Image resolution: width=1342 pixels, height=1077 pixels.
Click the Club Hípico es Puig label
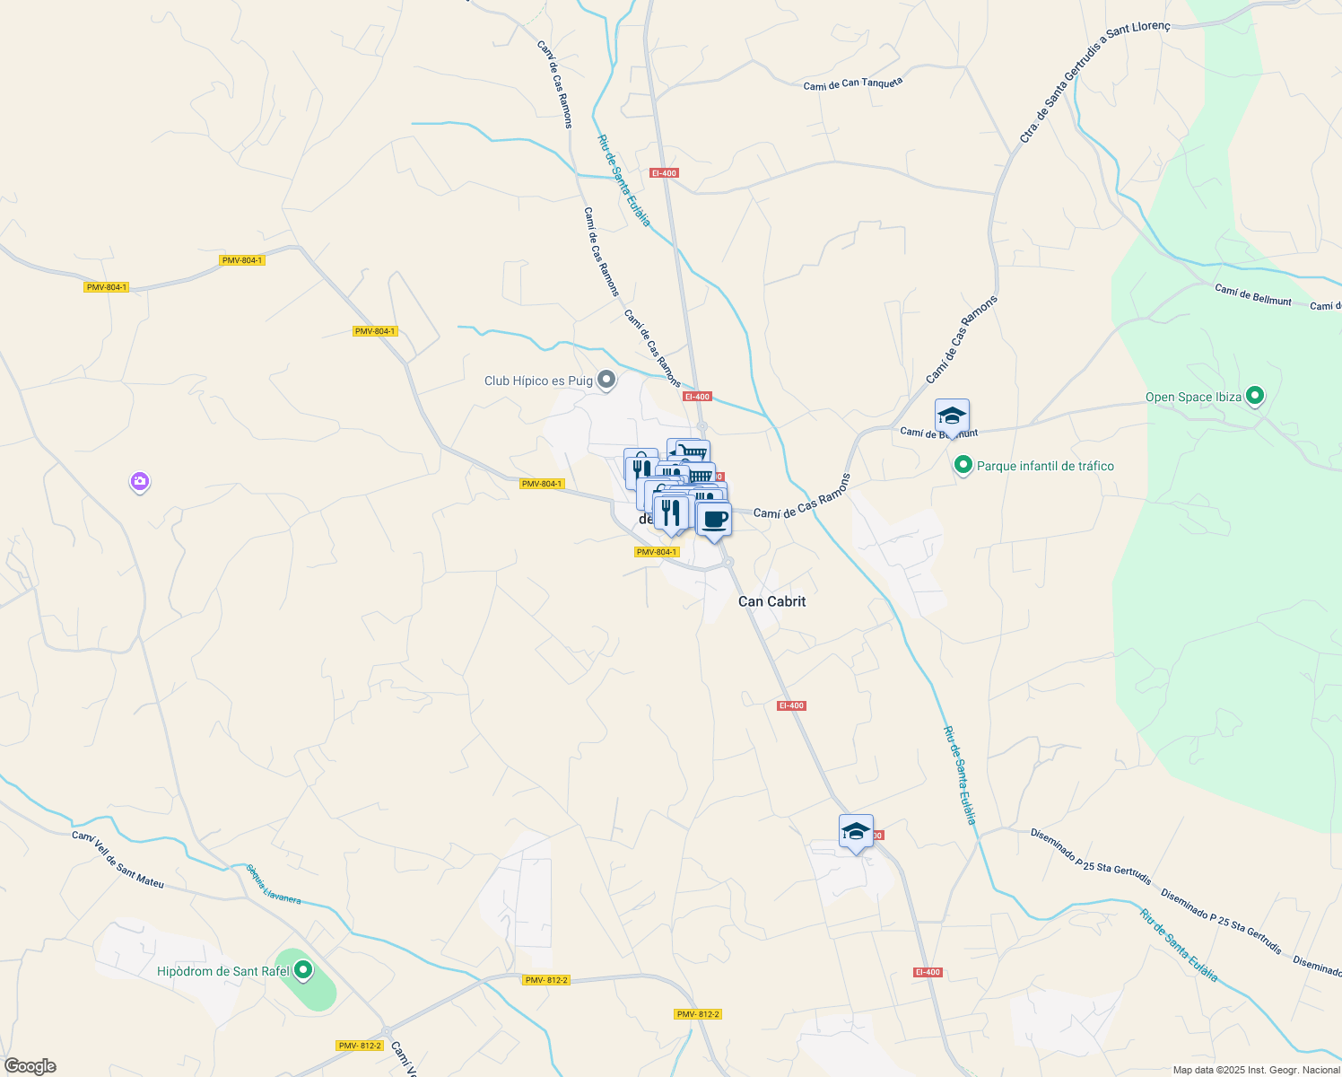[x=538, y=381]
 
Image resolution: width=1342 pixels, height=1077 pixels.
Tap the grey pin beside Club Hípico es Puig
[x=606, y=381]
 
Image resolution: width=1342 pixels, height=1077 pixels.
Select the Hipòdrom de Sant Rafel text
[x=223, y=971]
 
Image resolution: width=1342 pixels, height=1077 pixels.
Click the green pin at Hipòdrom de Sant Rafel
[x=303, y=969]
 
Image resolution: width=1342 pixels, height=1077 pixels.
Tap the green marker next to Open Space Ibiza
[x=1255, y=395]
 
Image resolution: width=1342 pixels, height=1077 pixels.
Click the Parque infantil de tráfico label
[x=1045, y=466]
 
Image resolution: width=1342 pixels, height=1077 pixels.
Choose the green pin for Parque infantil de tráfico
[x=963, y=465]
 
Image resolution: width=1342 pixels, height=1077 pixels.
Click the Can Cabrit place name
[x=771, y=601]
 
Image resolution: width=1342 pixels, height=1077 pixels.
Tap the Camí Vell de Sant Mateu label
[x=118, y=860]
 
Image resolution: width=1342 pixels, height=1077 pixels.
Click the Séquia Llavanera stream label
[x=274, y=884]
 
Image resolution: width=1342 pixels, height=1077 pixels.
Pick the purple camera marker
[x=139, y=482]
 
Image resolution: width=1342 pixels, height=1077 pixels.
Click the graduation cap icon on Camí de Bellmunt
[x=952, y=416]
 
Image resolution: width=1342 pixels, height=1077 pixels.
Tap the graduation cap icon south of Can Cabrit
[x=856, y=832]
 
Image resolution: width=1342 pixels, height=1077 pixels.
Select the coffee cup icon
[x=714, y=519]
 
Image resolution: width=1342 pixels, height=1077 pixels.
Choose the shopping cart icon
[x=688, y=451]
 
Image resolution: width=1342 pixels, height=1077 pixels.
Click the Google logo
[x=30, y=1066]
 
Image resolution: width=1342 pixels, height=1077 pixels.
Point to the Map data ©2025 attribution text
[x=1256, y=1070]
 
